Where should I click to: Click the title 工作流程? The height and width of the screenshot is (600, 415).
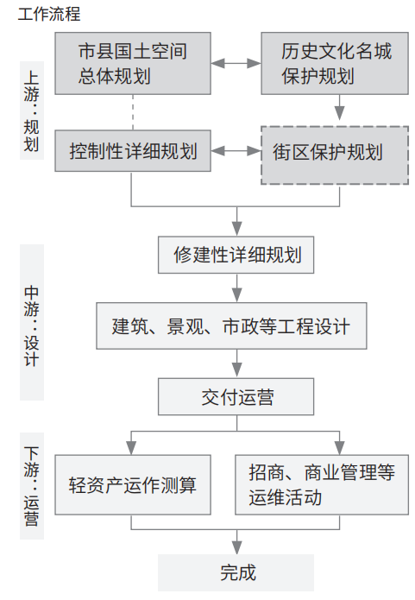click(x=49, y=14)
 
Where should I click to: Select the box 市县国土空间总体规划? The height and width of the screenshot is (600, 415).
click(x=133, y=63)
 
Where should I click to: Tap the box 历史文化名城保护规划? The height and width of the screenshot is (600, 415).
click(x=335, y=63)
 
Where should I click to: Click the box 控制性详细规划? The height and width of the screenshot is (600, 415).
click(x=133, y=151)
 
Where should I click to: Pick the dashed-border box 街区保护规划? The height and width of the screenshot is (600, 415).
click(x=335, y=155)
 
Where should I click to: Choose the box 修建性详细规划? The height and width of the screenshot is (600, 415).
click(x=236, y=255)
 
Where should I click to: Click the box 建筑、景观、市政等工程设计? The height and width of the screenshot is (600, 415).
click(x=231, y=325)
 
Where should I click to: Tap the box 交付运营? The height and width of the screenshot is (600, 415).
click(x=236, y=397)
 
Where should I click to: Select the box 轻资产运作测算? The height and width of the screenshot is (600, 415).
click(x=133, y=485)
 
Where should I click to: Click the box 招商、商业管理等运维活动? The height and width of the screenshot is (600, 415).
click(x=322, y=485)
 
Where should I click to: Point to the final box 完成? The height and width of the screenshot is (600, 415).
click(x=236, y=573)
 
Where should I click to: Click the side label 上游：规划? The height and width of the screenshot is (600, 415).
click(x=32, y=111)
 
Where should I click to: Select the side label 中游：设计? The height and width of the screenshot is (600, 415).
click(x=32, y=323)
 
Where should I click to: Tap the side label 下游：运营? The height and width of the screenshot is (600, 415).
click(x=32, y=486)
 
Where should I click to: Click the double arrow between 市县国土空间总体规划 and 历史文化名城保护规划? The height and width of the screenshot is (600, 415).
click(x=236, y=63)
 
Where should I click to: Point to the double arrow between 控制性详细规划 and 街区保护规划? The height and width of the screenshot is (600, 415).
click(x=236, y=151)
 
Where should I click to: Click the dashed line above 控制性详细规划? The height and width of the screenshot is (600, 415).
click(x=133, y=112)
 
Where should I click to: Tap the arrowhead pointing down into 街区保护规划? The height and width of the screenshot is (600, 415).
click(x=339, y=113)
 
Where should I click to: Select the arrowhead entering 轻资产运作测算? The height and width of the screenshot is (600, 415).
click(x=131, y=448)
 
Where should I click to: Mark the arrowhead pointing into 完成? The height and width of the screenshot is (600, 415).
click(x=236, y=547)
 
